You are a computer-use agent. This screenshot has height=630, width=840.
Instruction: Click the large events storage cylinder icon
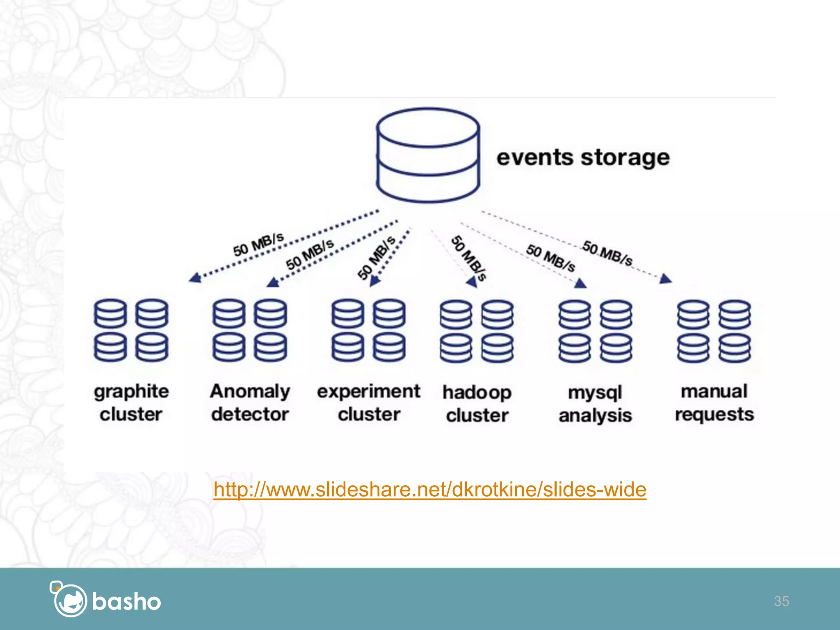428,155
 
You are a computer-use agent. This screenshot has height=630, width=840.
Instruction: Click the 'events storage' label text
583,158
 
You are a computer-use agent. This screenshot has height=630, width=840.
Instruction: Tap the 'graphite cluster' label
131,402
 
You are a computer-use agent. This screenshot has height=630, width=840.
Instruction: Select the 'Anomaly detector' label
250,402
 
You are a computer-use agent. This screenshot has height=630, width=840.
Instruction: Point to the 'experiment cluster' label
369,402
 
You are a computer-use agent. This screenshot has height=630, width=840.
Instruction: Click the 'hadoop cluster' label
477,404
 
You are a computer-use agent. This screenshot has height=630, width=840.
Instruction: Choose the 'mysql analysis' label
595,404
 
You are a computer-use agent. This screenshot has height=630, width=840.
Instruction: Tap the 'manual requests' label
714,402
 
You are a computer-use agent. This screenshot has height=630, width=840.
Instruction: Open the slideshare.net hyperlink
430,489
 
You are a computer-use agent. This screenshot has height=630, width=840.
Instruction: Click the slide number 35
781,601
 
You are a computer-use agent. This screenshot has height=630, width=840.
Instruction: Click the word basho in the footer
126,602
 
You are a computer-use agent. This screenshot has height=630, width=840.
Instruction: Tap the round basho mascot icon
70,600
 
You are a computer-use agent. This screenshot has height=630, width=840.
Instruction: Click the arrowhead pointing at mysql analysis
580,283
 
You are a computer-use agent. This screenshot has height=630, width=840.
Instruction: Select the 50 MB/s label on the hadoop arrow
469,258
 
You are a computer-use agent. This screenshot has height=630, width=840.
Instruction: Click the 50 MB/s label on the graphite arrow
258,244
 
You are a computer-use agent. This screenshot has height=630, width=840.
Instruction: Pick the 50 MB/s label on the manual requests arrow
607,253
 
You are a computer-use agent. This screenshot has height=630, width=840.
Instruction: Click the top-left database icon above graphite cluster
110,313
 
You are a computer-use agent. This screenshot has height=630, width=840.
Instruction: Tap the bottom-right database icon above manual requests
735,348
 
